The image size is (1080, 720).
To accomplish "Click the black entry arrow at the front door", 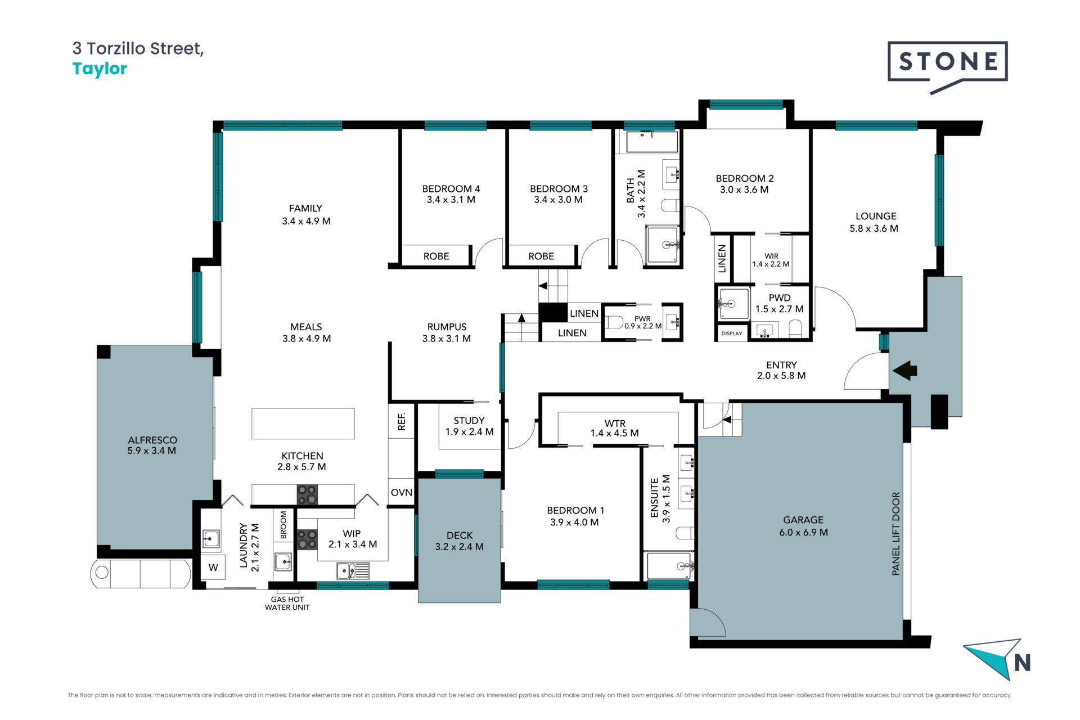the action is (x=905, y=371).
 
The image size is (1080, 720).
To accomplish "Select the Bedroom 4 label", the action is (x=451, y=194).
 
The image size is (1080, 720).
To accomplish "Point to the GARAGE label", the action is (x=803, y=526).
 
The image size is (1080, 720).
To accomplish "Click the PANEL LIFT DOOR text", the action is (x=896, y=534).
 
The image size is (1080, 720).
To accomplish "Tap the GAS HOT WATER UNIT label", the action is (x=287, y=604).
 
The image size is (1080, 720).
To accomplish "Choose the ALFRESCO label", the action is (x=152, y=445).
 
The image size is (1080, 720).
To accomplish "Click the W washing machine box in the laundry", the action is (x=213, y=567).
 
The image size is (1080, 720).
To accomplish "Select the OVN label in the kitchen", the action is (x=401, y=492).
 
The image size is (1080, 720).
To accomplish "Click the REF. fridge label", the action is (x=402, y=421).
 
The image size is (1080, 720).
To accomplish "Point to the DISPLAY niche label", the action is (x=732, y=334).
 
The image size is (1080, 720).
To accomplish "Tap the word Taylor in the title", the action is (x=100, y=69).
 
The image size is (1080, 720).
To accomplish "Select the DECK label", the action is (x=459, y=541).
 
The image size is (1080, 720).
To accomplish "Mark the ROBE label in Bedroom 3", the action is (x=541, y=256).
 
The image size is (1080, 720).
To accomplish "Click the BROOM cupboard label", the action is (x=283, y=525).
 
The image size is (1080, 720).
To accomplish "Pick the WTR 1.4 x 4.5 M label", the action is (x=614, y=428).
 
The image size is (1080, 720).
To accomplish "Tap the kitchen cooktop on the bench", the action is (x=307, y=495).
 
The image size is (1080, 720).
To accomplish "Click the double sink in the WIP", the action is (x=353, y=571).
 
